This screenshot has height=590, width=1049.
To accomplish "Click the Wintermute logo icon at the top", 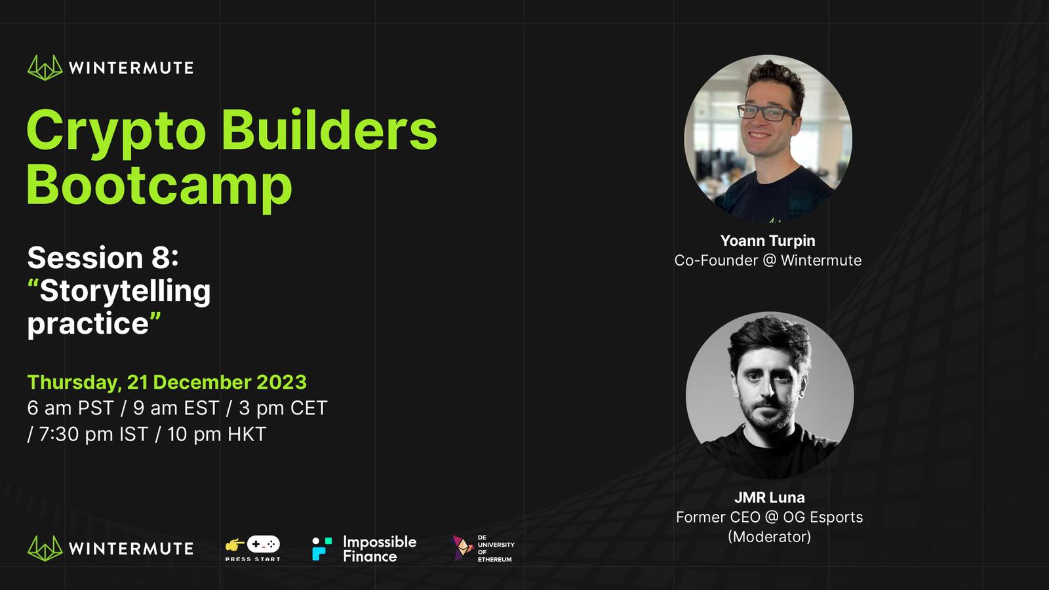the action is [x=45, y=68].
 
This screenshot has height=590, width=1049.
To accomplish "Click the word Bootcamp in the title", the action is [x=159, y=186].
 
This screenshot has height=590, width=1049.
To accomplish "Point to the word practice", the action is [x=88, y=324].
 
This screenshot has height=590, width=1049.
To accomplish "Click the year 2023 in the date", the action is [x=281, y=382].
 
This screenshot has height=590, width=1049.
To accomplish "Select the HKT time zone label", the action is [x=247, y=435].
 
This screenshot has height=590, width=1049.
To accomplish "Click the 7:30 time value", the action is [x=60, y=435].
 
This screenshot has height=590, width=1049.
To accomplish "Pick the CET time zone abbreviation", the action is [x=309, y=408].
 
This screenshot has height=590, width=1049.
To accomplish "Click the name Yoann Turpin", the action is [x=768, y=241].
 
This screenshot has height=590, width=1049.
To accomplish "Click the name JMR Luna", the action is [x=770, y=498].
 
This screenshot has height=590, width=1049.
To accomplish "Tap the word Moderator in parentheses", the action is [x=770, y=537].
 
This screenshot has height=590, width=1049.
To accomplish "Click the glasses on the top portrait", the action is [x=767, y=113].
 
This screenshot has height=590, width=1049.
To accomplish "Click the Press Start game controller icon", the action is [x=263, y=544].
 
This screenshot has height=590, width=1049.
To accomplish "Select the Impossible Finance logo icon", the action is [x=322, y=549].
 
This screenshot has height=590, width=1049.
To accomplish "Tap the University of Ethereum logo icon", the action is [x=462, y=548].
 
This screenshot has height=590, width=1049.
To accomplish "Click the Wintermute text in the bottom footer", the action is [x=131, y=549].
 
